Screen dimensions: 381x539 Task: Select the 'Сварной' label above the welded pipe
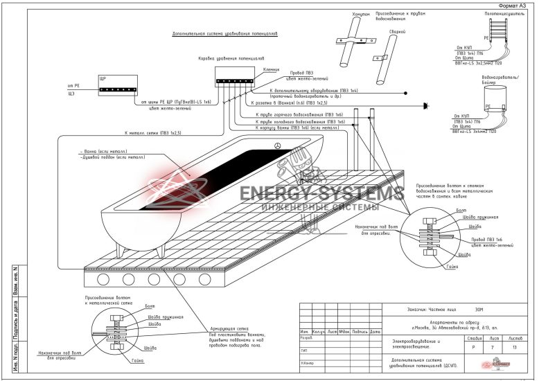(397, 32)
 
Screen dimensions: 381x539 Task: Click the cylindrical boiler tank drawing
(496, 98)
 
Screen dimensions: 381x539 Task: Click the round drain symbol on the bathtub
(278, 145)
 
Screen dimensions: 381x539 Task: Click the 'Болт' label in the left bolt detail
(130, 305)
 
